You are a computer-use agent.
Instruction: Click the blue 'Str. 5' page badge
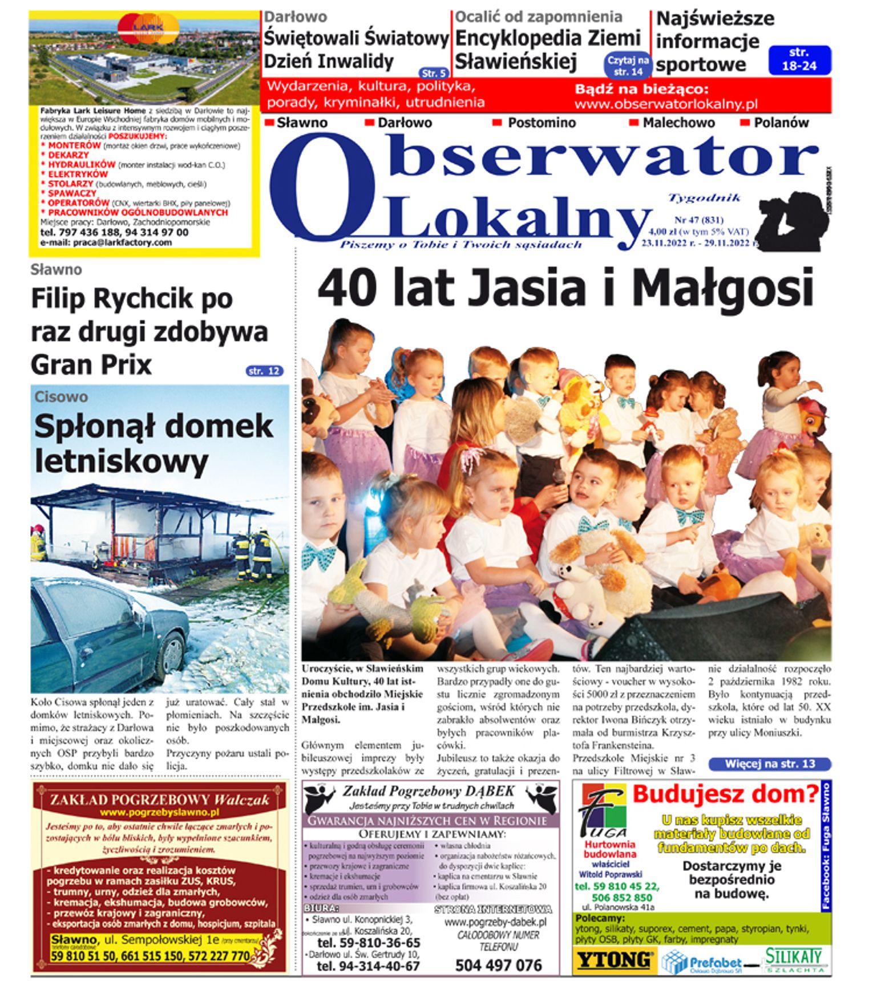click(x=434, y=73)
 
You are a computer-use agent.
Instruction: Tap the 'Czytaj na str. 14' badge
click(x=628, y=66)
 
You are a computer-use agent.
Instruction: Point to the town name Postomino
click(x=541, y=123)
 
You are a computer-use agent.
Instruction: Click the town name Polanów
click(x=781, y=123)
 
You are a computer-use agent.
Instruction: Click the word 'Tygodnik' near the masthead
click(x=704, y=198)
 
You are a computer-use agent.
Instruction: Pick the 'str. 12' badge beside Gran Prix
click(x=264, y=371)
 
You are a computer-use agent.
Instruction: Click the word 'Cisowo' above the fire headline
click(x=61, y=397)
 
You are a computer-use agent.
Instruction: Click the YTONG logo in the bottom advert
click(x=614, y=960)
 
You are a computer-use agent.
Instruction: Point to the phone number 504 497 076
click(x=498, y=965)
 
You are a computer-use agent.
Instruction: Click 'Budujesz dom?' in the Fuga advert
click(x=725, y=794)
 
